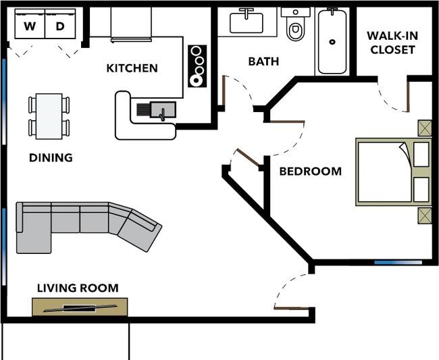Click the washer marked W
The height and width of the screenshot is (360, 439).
30,24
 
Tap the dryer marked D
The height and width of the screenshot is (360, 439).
60,24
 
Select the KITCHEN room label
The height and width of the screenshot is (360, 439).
132,68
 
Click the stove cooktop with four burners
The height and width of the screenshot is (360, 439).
197,66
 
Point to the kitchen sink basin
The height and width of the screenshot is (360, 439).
163,109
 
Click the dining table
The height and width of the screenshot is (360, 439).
49,116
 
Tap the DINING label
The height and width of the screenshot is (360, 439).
51,157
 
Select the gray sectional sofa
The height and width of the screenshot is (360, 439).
84,224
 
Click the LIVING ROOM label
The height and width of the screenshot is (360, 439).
78,288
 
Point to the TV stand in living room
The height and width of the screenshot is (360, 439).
80,307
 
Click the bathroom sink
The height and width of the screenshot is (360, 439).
247,22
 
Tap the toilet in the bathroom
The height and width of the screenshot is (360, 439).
295,24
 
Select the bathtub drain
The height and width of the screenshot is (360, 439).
332,42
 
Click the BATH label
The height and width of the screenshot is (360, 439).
263,61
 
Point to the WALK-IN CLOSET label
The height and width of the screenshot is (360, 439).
392,43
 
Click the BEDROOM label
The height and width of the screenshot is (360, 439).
311,172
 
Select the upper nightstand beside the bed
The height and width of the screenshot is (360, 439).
425,128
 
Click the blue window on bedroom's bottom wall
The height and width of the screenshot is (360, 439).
398,263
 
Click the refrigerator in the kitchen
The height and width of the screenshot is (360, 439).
131,24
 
